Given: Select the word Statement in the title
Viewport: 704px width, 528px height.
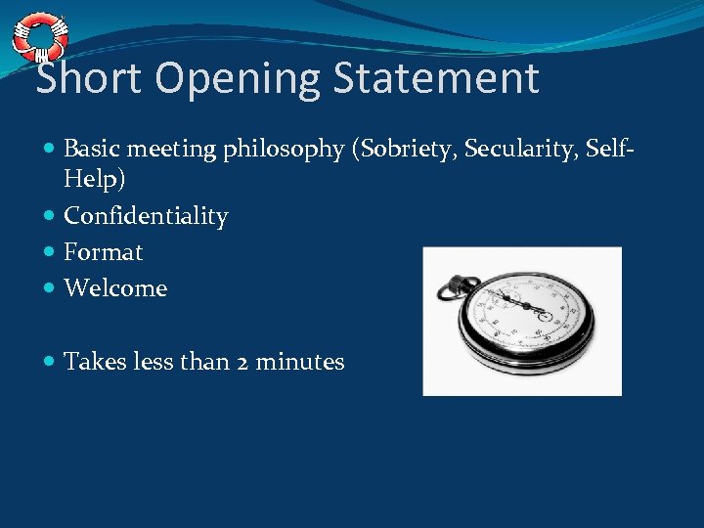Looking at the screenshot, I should coord(436,79).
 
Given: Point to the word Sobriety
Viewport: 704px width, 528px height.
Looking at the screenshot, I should coord(408,149).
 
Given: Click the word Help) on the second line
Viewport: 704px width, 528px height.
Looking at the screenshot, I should coord(94,180).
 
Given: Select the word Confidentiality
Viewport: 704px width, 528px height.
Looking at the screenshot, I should coord(146,216).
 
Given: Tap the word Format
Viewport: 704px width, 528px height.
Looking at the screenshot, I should coord(103,252).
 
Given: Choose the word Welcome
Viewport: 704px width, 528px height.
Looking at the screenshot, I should coord(115,288).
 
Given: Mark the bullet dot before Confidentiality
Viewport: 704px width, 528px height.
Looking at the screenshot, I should coord(50,216).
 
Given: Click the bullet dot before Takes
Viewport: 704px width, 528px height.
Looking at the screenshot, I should coord(50,362).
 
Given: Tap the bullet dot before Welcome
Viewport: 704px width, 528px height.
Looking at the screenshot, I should coord(50,288).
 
